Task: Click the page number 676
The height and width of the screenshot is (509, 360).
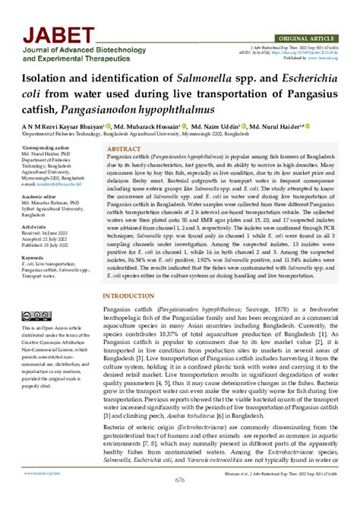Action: (179, 501)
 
